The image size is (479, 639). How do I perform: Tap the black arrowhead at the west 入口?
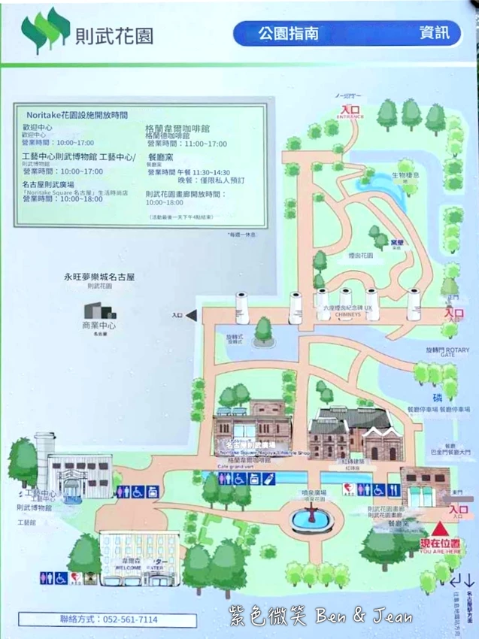click(x=191, y=316)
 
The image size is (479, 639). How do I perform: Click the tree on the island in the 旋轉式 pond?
click(x=263, y=328)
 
